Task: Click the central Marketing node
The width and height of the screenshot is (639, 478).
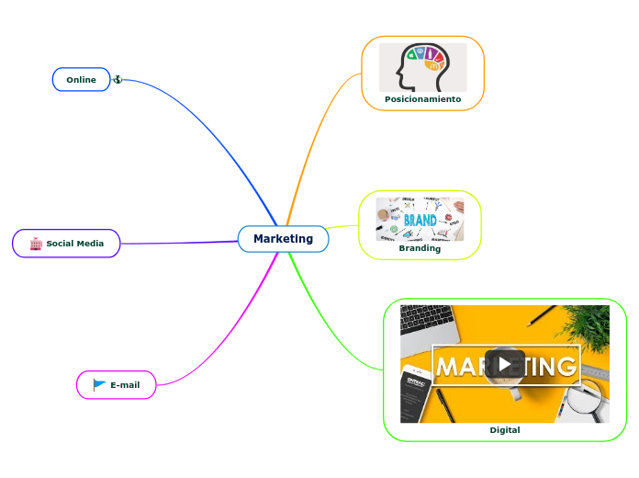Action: (x=283, y=239)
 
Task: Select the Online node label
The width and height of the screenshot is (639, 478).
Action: (x=81, y=80)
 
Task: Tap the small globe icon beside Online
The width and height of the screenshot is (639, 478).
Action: (x=118, y=80)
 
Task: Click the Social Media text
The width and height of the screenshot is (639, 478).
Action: (x=75, y=244)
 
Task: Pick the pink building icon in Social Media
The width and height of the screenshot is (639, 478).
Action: (x=36, y=244)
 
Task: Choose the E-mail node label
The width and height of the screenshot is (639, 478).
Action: (x=125, y=385)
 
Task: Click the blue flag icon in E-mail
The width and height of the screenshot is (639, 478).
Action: (x=99, y=385)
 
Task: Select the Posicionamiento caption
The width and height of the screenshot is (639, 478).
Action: (x=422, y=99)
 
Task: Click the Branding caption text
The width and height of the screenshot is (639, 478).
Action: (x=420, y=248)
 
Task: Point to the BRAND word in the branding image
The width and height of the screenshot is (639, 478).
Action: (x=420, y=221)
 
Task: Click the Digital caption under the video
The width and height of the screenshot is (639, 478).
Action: (x=504, y=430)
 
